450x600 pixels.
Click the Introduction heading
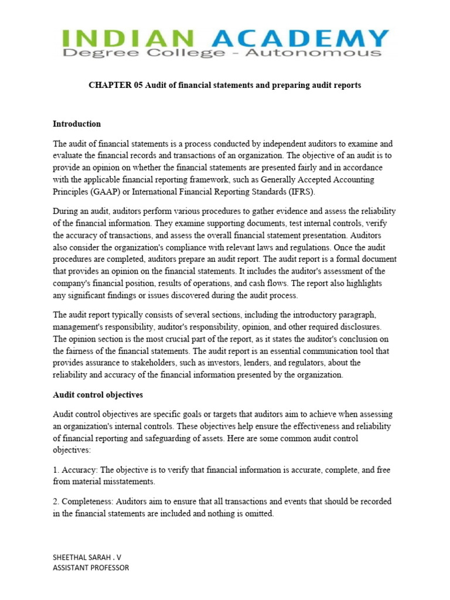[x=77, y=124]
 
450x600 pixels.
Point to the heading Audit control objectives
[x=98, y=395]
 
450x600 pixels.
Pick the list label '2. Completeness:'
[x=83, y=502]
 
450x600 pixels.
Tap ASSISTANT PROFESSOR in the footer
[x=91, y=567]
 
